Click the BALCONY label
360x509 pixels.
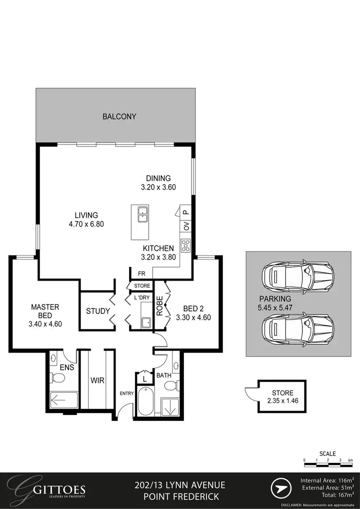119,116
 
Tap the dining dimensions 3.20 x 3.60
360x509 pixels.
158,187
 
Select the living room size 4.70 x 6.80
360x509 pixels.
86,224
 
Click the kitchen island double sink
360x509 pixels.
142,214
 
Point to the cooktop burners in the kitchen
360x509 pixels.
185,245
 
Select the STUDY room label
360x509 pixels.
98,311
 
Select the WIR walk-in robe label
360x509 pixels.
97,380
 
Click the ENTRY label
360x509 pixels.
126,393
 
